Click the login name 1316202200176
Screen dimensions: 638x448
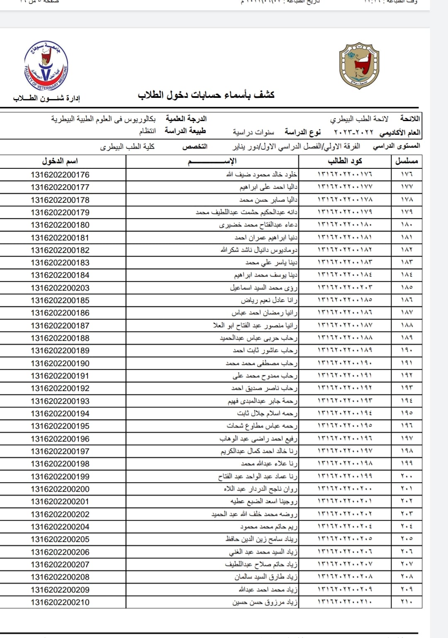60,175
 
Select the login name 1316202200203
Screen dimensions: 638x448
60,288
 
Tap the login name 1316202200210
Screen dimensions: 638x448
60,602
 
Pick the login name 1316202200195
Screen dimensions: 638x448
60,426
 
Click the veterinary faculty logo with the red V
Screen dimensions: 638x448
46,67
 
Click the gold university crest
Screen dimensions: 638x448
359,67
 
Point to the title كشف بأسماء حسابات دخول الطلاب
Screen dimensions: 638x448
206,95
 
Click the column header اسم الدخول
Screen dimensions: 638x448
60,161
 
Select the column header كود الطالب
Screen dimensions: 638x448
345,161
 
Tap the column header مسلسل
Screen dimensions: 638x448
407,161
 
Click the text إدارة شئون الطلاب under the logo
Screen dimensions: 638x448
46,98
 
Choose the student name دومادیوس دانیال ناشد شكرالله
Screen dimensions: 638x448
259,250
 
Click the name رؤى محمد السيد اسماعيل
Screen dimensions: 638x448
264,288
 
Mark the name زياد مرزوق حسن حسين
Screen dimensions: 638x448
265,602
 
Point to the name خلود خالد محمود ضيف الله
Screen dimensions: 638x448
261,175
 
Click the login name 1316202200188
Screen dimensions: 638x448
60,338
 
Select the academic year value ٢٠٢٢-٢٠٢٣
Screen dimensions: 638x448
353,133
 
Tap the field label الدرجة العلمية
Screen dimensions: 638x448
186,119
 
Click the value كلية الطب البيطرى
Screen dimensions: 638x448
127,147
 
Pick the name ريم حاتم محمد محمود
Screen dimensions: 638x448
269,526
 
